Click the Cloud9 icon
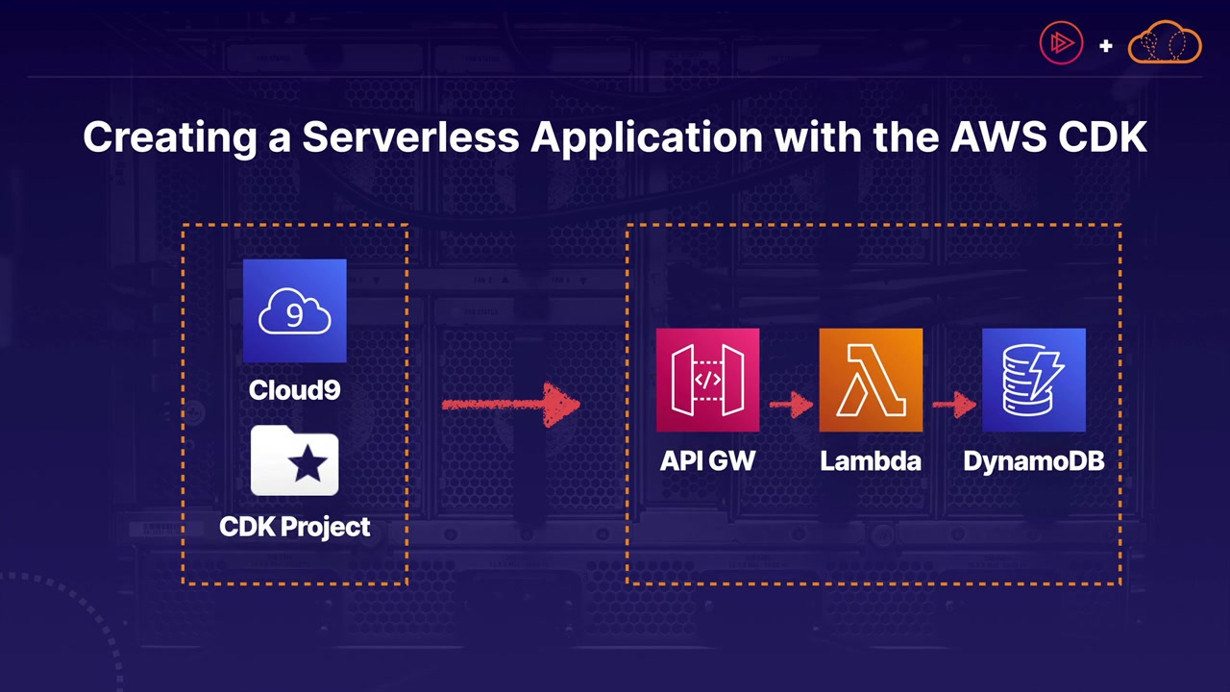294,310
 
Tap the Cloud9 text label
294,389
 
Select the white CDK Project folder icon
294,461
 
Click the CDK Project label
294,527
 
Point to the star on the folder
307,465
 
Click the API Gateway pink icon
707,380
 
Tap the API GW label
707,461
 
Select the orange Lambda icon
871,380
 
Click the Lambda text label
871,461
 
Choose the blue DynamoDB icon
1034,380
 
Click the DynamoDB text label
1034,461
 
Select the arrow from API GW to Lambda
790,405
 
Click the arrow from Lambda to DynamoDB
953,405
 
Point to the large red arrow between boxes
511,405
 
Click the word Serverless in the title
410,136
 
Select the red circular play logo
1062,43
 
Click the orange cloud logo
1165,43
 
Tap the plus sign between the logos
1106,45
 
